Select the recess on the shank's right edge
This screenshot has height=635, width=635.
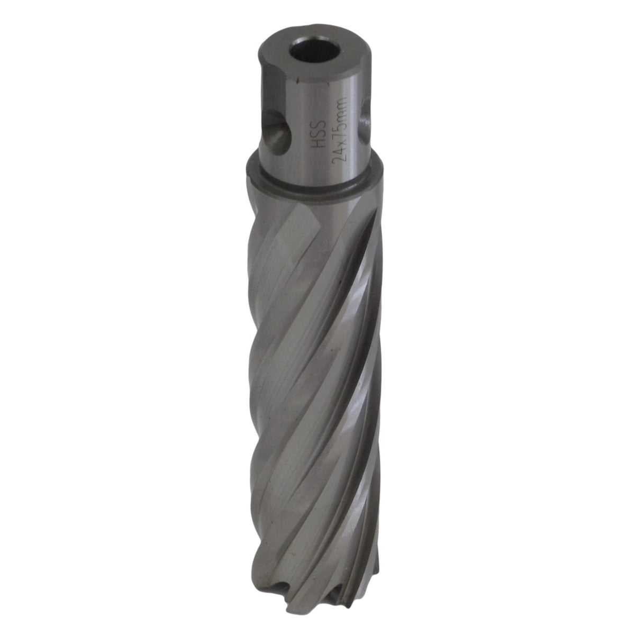(x=366, y=116)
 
